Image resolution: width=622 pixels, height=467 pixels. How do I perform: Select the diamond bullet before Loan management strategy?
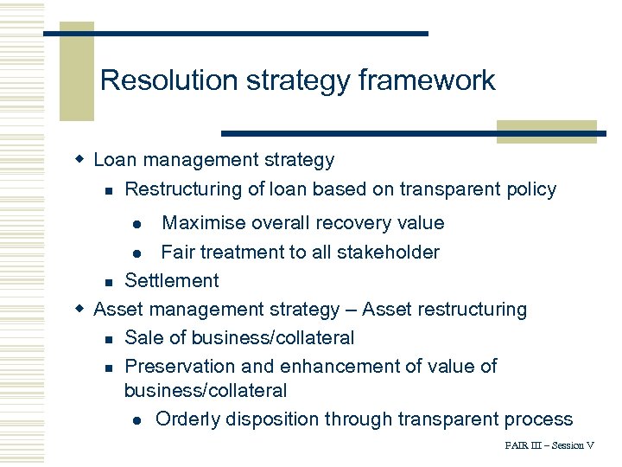click(79, 159)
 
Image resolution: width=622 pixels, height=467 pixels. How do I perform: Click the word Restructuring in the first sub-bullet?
click(181, 189)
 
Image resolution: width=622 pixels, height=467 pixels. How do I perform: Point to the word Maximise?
click(204, 223)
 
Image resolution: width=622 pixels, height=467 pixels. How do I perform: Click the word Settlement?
click(172, 280)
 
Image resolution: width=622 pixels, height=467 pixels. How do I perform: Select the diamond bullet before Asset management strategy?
click(79, 309)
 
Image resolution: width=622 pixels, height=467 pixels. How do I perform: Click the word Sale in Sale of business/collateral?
click(144, 337)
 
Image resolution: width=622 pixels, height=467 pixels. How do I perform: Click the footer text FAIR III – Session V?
click(549, 445)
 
